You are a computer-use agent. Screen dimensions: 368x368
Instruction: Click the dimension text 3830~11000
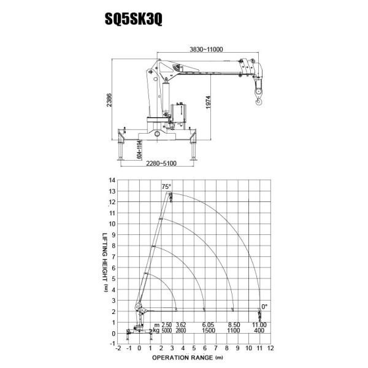coord(205,50)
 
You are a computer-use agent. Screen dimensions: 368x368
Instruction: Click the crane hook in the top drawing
coord(258,91)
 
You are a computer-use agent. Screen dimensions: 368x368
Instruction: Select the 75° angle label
coord(166,186)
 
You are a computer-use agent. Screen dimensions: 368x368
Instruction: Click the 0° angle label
coord(264,305)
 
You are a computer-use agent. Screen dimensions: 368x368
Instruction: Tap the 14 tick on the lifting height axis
coord(111,180)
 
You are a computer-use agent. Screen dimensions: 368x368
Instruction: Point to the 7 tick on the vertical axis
coord(112,256)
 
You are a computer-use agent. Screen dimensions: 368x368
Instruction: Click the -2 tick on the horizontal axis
coord(118,347)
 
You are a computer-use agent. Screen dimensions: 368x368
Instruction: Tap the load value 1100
coord(232,331)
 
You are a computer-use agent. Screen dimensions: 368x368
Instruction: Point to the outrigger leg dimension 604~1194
coord(140,150)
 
